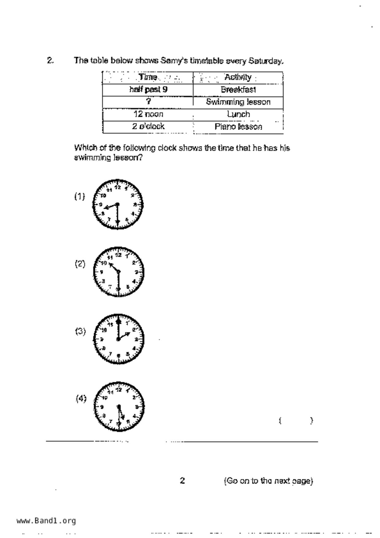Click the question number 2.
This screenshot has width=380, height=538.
(50, 60)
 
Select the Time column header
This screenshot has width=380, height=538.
(148, 77)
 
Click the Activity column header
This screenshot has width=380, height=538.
(238, 77)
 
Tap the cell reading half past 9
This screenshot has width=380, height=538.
(148, 90)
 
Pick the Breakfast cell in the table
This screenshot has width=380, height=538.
(238, 90)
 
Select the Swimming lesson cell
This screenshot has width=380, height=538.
(238, 102)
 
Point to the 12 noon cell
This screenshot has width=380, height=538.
(148, 114)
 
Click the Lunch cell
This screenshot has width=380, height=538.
(238, 114)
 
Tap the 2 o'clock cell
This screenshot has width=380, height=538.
(148, 126)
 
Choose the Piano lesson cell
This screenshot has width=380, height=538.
(238, 127)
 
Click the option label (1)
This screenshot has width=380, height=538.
(80, 196)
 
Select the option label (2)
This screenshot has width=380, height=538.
(80, 264)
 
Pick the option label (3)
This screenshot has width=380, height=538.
(80, 331)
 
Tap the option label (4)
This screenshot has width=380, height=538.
(81, 398)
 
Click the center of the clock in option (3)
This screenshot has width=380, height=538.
(118, 339)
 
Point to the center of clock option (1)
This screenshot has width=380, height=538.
(117, 204)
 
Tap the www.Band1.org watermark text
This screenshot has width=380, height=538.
(46, 521)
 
